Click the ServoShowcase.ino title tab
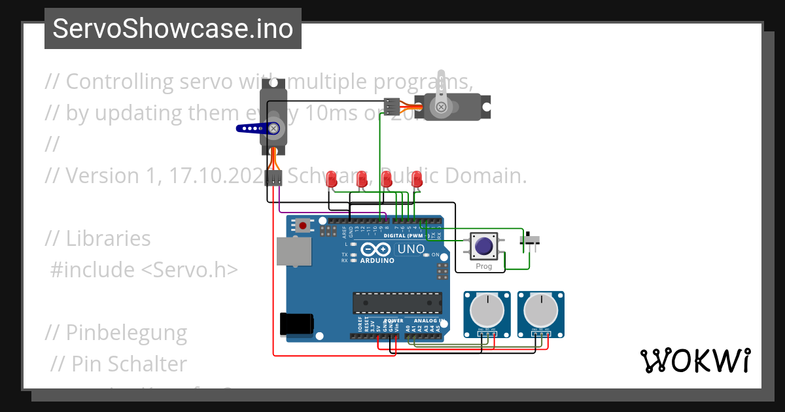coord(173,29)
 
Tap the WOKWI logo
coord(695,360)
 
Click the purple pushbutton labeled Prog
coord(484,247)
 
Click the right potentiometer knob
coord(540,309)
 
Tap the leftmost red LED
coord(332,179)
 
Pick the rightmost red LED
coord(417,179)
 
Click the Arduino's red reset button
coord(303,226)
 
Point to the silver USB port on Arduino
coord(294,252)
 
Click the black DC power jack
coord(296,324)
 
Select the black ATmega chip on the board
coord(396,303)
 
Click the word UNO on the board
coord(411,249)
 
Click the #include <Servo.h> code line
coord(145,269)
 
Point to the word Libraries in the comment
coord(108,239)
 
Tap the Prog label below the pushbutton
coord(484,266)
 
